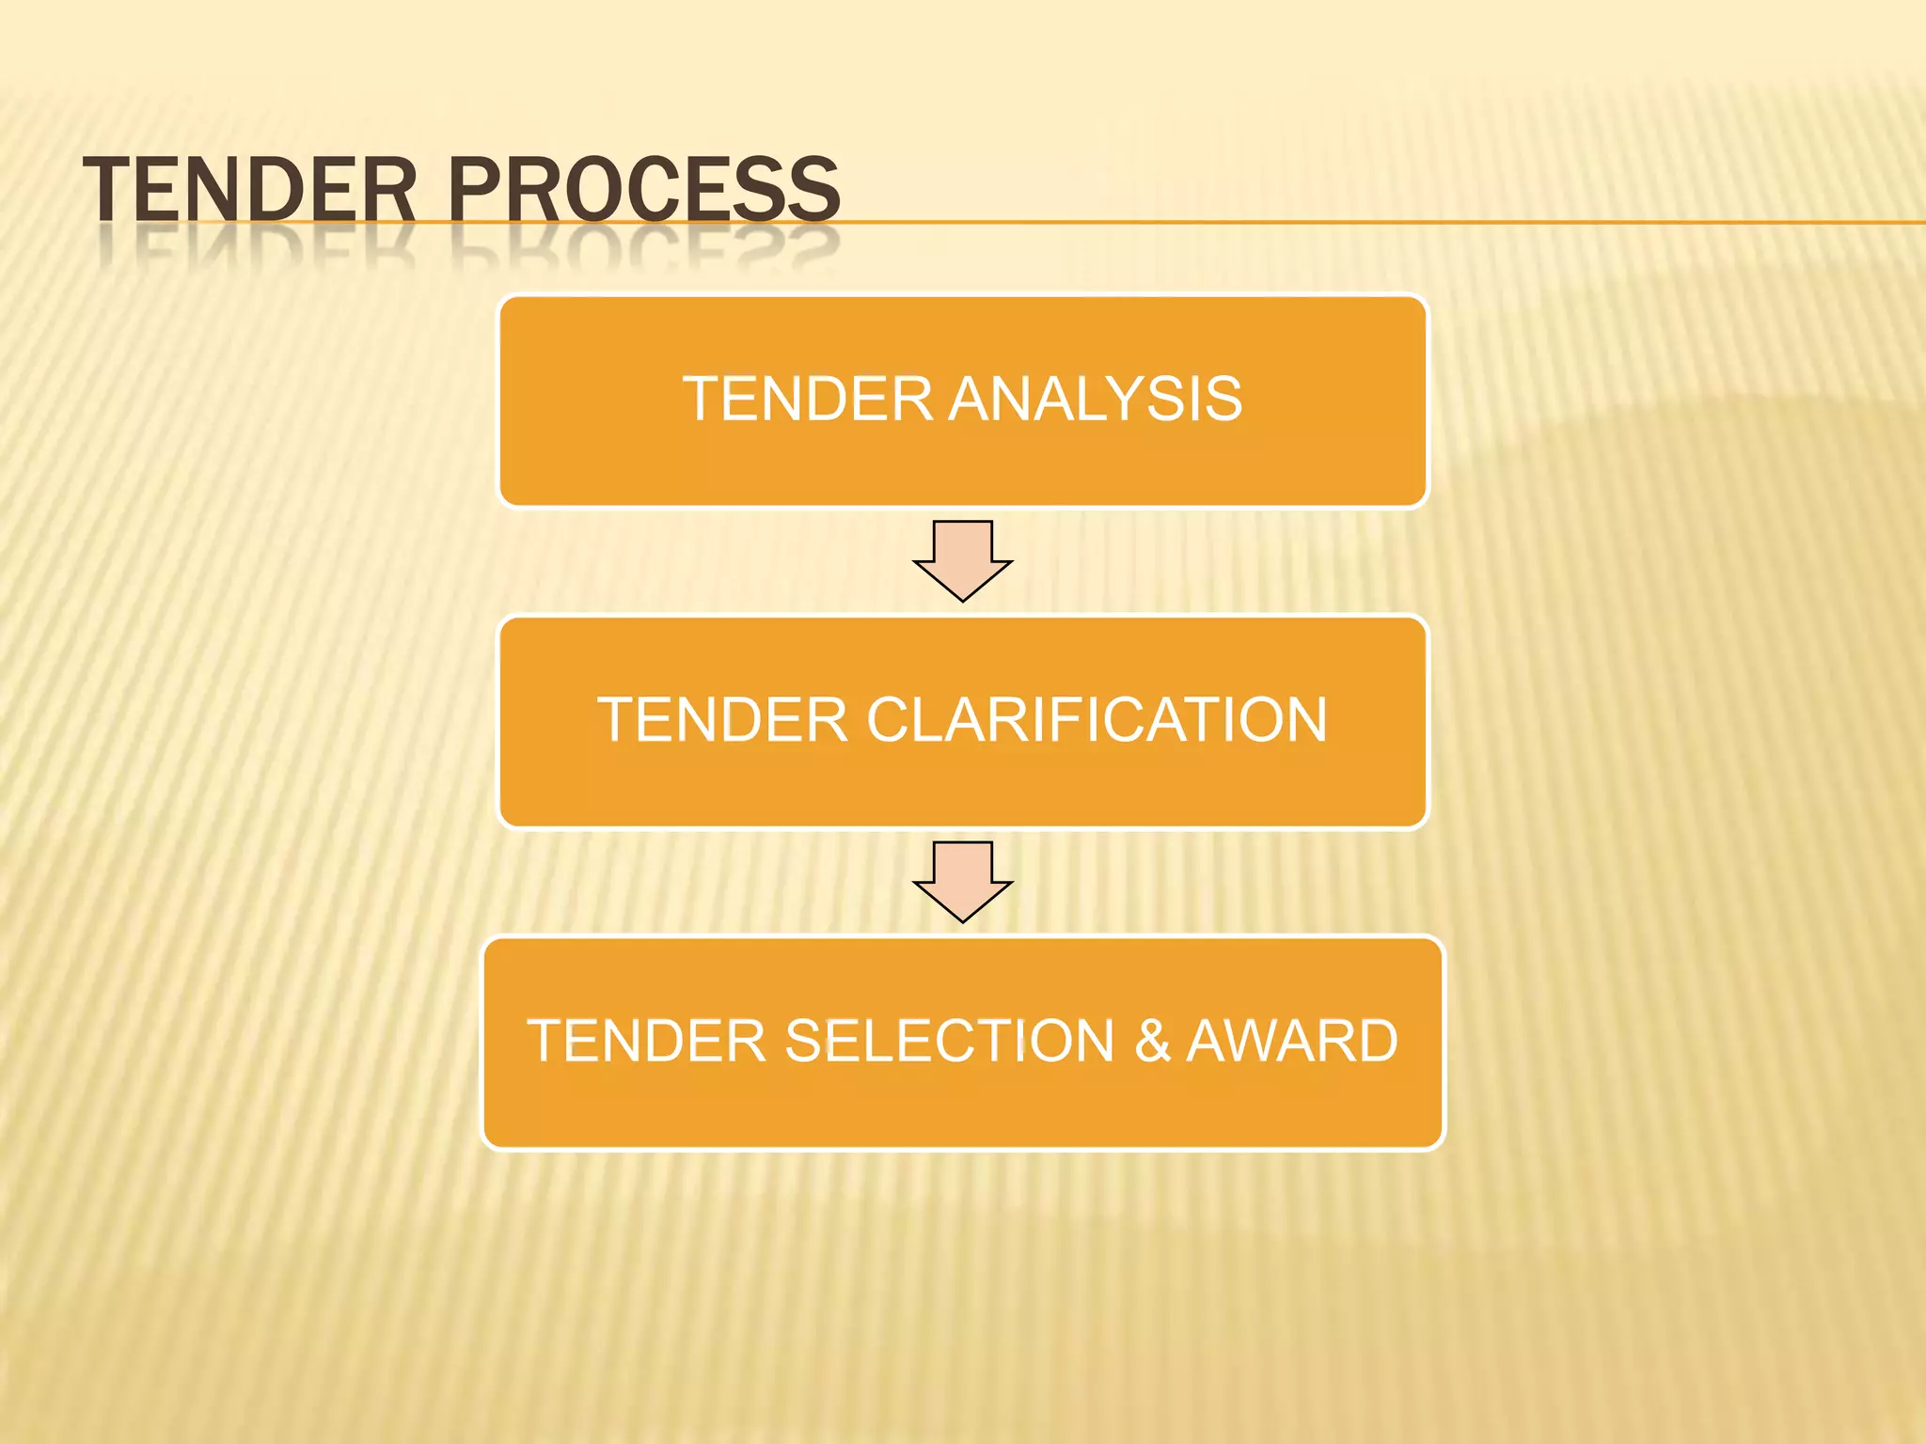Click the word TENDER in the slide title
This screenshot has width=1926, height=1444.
[x=250, y=190]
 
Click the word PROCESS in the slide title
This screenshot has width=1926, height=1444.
[x=643, y=190]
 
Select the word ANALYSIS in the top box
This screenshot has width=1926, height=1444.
[x=1095, y=399]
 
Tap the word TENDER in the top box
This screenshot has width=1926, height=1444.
[x=807, y=399]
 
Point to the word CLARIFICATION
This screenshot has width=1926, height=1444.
[x=1097, y=720]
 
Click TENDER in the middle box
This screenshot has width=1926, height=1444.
[x=722, y=720]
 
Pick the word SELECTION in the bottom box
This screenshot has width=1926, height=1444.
[x=950, y=1042]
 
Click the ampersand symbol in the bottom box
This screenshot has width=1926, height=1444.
[x=1153, y=1042]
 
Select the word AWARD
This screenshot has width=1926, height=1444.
[x=1292, y=1042]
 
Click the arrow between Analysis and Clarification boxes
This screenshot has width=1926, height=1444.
[x=963, y=560]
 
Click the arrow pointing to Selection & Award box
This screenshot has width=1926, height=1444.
[x=963, y=881]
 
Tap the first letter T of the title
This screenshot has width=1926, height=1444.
[x=106, y=190]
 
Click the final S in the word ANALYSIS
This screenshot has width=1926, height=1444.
[x=1221, y=399]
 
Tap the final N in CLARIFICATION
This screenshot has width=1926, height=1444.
[x=1303, y=720]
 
